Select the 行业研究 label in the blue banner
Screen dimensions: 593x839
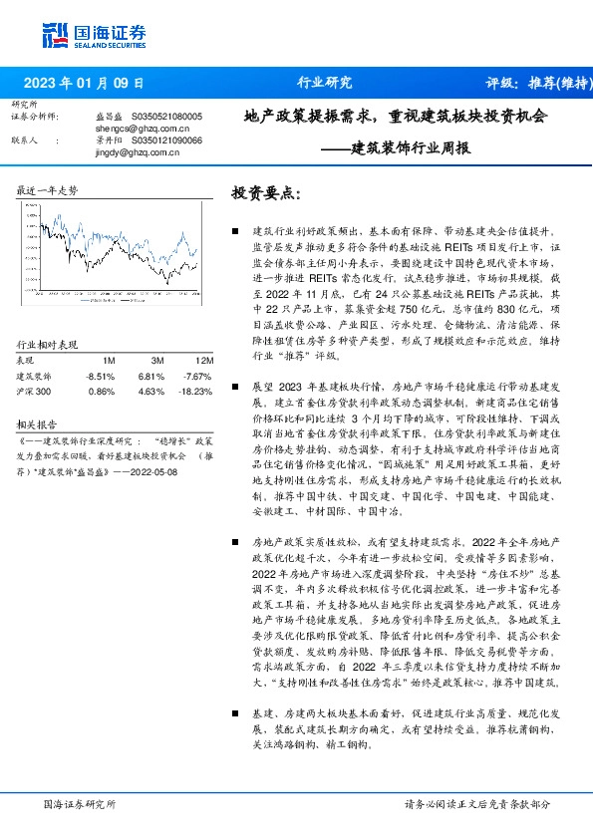click(325, 83)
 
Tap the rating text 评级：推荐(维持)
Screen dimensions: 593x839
click(534, 83)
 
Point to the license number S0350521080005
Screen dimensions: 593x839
click(166, 117)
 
